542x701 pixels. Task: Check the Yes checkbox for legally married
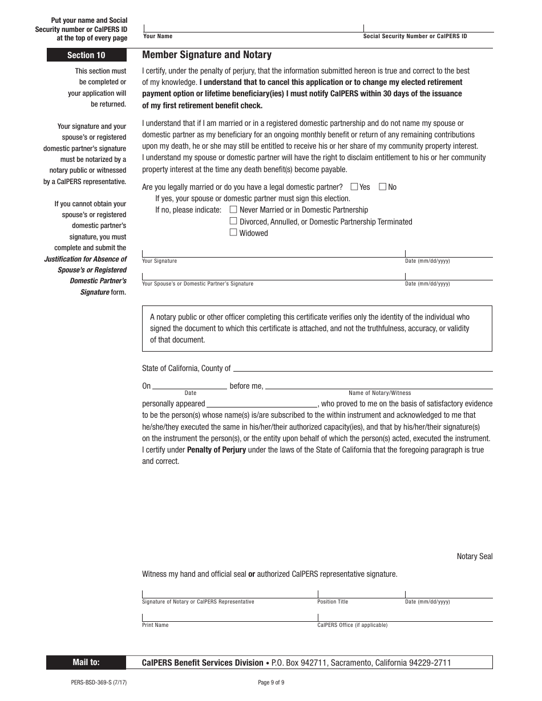pyautogui.click(x=354, y=186)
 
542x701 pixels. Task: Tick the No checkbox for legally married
pyautogui.click(x=383, y=186)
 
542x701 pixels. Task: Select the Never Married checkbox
pyautogui.click(x=233, y=209)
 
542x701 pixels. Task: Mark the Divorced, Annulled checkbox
pyautogui.click(x=233, y=221)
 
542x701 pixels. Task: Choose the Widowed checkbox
pyautogui.click(x=233, y=233)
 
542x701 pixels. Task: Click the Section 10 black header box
pyautogui.click(x=86, y=55)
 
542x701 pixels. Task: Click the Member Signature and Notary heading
pyautogui.click(x=207, y=55)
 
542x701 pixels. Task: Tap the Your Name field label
pyautogui.click(x=157, y=36)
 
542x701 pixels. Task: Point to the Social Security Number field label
pyautogui.click(x=415, y=36)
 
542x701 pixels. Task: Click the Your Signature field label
pyautogui.click(x=159, y=261)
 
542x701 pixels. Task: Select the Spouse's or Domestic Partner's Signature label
pyautogui.click(x=197, y=284)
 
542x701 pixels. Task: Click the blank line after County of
pyautogui.click(x=362, y=369)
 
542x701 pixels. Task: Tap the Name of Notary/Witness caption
pyautogui.click(x=379, y=393)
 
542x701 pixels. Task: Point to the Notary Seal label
pyautogui.click(x=474, y=556)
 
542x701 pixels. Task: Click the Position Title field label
pyautogui.click(x=333, y=602)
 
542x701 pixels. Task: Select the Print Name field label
pyautogui.click(x=155, y=625)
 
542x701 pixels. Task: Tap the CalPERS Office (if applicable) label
pyautogui.click(x=352, y=625)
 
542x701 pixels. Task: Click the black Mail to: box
pyautogui.click(x=86, y=662)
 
